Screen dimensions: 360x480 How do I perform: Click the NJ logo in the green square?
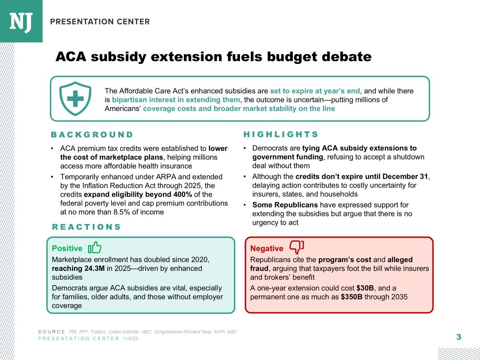21,21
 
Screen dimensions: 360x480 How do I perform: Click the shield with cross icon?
72,98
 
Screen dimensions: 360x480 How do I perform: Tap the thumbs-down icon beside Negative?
296,248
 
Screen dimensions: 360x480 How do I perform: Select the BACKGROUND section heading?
92,134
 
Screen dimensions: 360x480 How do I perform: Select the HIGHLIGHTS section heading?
281,134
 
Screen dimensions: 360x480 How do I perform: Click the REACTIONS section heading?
86,227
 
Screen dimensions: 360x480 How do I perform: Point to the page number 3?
458,337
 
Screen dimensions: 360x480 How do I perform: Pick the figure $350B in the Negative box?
352,297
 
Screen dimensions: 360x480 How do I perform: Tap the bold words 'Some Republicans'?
285,205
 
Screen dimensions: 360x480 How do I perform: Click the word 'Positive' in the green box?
67,248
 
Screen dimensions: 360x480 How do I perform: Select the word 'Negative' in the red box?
266,249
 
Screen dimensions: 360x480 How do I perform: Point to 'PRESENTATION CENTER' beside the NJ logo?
100,22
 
